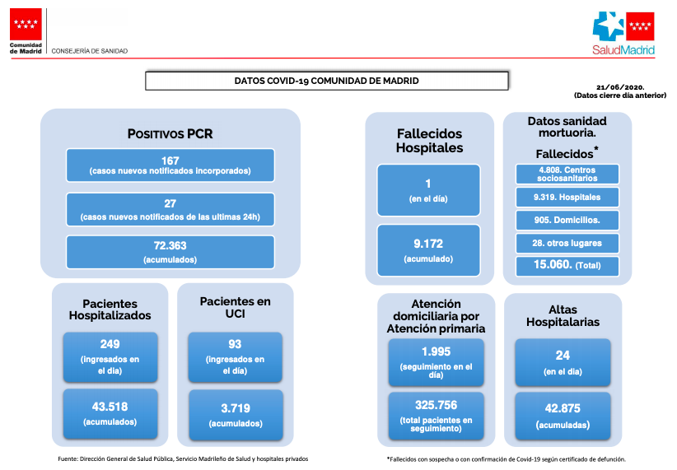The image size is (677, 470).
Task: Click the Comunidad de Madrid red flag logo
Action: [x=26, y=24]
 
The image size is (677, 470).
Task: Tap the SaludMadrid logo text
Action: [x=623, y=50]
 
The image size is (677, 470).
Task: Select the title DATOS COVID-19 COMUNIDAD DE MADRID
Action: [x=326, y=81]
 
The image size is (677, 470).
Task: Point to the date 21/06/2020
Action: [x=620, y=87]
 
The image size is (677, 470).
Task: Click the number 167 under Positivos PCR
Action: [x=170, y=161]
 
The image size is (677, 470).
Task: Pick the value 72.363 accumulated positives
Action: [x=170, y=245]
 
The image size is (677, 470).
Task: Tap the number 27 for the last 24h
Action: [x=170, y=203]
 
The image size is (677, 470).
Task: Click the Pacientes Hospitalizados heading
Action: [x=110, y=309]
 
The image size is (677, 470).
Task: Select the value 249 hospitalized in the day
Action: [x=110, y=344]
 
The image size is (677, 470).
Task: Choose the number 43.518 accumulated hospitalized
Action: [x=110, y=407]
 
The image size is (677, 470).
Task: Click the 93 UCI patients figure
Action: [x=235, y=344]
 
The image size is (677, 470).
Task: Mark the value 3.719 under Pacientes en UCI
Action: [x=236, y=408]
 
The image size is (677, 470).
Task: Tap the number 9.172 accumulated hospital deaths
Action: [x=428, y=244]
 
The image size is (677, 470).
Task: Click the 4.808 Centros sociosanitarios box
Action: [x=567, y=174]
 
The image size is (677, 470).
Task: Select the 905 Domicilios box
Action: [x=567, y=220]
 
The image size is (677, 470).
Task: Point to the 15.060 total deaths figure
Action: [x=553, y=264]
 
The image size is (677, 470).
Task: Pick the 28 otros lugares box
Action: [x=567, y=243]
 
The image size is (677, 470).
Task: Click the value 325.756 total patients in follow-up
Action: [x=436, y=405]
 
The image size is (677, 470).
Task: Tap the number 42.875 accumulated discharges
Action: [x=563, y=408]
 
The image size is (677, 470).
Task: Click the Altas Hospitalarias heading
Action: [x=563, y=315]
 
